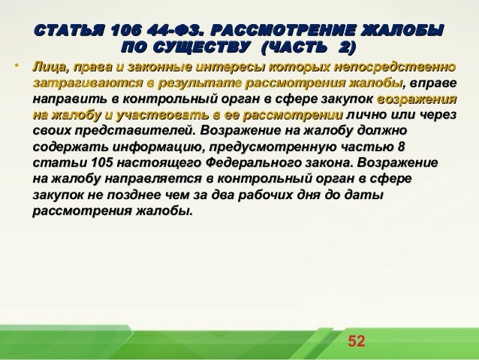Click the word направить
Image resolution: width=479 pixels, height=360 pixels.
pyautogui.click(x=68, y=100)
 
